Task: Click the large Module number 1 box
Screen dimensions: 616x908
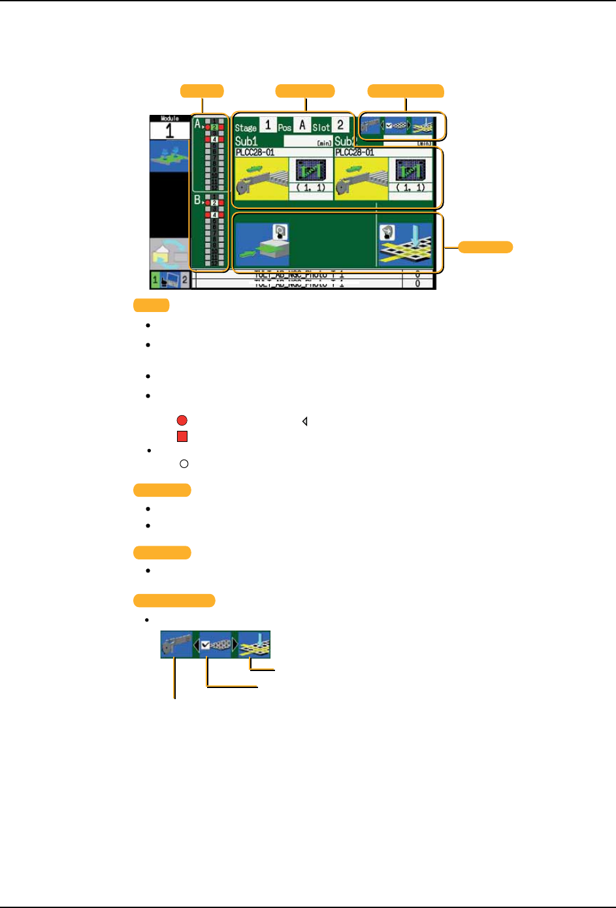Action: point(169,130)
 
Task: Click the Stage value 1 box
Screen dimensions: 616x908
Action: point(268,125)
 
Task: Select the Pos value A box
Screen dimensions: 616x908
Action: point(302,125)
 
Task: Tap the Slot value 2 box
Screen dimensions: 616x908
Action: point(340,125)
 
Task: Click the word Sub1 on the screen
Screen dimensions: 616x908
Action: point(246,141)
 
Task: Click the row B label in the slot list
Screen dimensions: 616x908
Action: point(197,200)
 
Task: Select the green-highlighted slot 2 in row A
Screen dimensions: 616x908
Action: point(214,127)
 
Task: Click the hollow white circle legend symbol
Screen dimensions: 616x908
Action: point(184,464)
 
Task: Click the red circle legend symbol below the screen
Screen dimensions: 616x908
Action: point(182,421)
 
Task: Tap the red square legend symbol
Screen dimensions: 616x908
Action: point(182,437)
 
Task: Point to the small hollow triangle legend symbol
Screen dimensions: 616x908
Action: point(305,422)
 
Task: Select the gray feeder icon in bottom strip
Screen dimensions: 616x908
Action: point(176,645)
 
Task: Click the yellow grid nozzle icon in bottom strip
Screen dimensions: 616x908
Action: point(255,645)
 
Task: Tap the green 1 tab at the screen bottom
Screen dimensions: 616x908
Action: point(155,280)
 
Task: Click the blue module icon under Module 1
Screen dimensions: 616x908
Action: point(169,157)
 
